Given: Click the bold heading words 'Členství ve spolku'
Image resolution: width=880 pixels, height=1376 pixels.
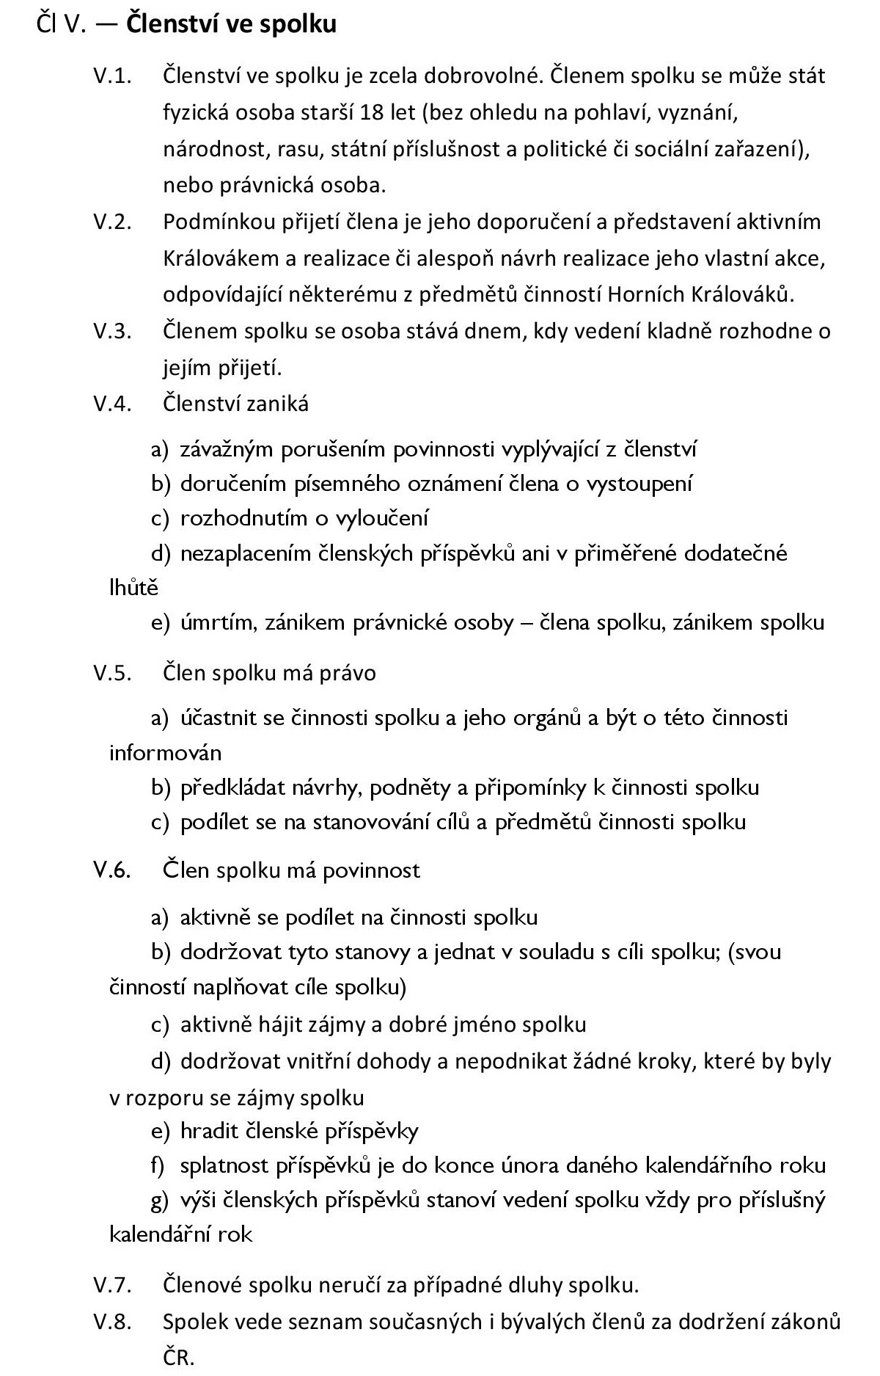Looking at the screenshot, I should [231, 24].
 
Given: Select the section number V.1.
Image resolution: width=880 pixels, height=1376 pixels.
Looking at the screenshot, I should [112, 76].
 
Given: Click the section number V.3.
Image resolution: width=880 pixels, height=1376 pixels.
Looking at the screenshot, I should [112, 331].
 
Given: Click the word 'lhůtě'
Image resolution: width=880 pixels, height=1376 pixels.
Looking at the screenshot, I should [133, 588].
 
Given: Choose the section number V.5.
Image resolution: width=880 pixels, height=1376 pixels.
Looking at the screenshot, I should [112, 673].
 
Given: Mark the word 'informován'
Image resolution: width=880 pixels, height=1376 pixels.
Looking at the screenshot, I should [165, 753].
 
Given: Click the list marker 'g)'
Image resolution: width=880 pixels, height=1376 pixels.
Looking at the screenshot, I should [161, 1201].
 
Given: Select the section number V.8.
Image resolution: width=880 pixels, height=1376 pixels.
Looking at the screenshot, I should [112, 1322].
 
